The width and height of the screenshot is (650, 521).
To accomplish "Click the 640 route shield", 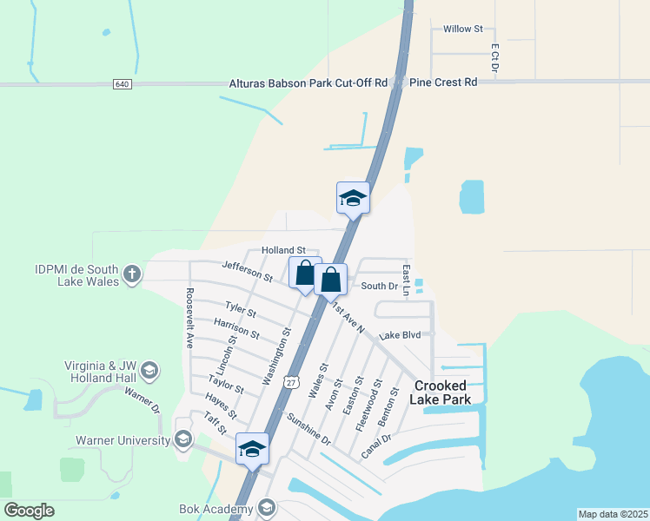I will point(121,84).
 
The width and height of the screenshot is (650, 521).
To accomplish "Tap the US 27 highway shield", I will point(291,381).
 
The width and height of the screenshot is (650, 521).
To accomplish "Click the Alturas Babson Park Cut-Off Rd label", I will point(308,83).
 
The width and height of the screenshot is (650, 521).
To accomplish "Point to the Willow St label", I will point(462,29).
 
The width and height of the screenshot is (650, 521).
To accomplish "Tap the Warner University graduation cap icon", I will point(182,440).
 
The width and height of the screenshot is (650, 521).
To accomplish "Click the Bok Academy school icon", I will point(266,508).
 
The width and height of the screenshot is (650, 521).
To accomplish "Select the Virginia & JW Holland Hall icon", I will point(149,372).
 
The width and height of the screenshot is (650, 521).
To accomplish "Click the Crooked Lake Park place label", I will point(441,392).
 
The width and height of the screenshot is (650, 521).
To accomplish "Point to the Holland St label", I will point(284,250).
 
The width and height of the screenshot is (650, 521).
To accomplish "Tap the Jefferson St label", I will point(248,271).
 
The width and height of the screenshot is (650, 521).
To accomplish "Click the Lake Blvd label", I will point(400,335).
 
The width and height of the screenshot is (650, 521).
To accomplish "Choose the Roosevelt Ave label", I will point(188,318).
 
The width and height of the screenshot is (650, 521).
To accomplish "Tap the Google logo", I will point(29,511).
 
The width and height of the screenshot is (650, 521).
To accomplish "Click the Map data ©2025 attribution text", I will point(613,514).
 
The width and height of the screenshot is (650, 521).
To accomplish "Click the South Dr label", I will point(379,286).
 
